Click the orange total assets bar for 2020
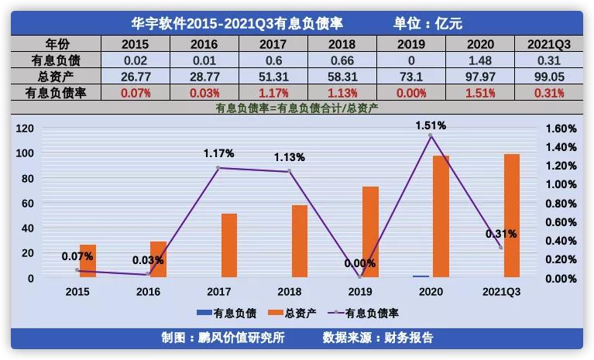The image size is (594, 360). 441,216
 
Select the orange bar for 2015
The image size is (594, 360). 88,261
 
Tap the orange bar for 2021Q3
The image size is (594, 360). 512,215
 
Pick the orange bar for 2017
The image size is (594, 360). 229,245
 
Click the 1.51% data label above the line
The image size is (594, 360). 431,125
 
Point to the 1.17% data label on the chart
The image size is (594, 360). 219,153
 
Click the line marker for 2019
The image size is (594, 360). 360,276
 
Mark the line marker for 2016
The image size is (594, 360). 148,274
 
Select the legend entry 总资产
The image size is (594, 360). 291,314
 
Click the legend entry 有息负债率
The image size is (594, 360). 366,314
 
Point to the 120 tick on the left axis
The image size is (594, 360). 25,128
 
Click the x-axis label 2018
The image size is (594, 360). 290,292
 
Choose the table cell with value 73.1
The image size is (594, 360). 412,77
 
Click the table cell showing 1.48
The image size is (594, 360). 482,60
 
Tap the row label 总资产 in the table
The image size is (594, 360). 51,77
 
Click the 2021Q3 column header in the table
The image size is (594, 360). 553,44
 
